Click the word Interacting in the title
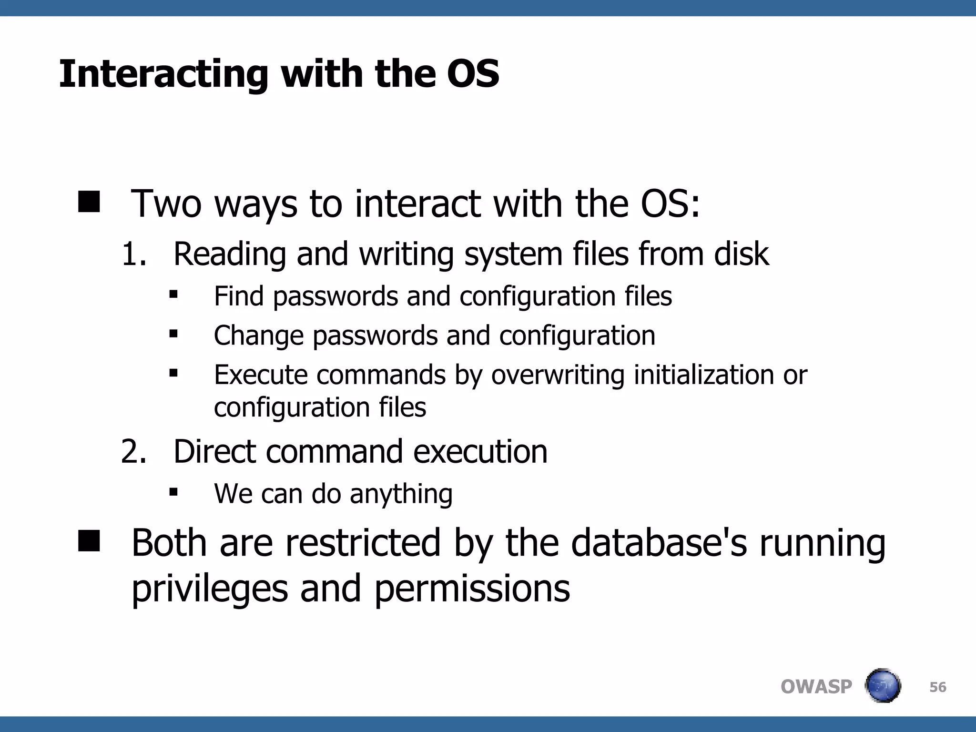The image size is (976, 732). tap(163, 75)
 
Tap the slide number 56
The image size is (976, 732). tap(937, 687)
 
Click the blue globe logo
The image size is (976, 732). tap(883, 686)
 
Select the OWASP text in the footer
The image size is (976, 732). tap(816, 687)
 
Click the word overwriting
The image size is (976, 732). tap(558, 375)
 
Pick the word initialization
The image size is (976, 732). tap(703, 375)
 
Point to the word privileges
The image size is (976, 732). tap(210, 589)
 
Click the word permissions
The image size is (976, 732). tap(472, 589)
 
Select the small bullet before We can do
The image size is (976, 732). tap(173, 492)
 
